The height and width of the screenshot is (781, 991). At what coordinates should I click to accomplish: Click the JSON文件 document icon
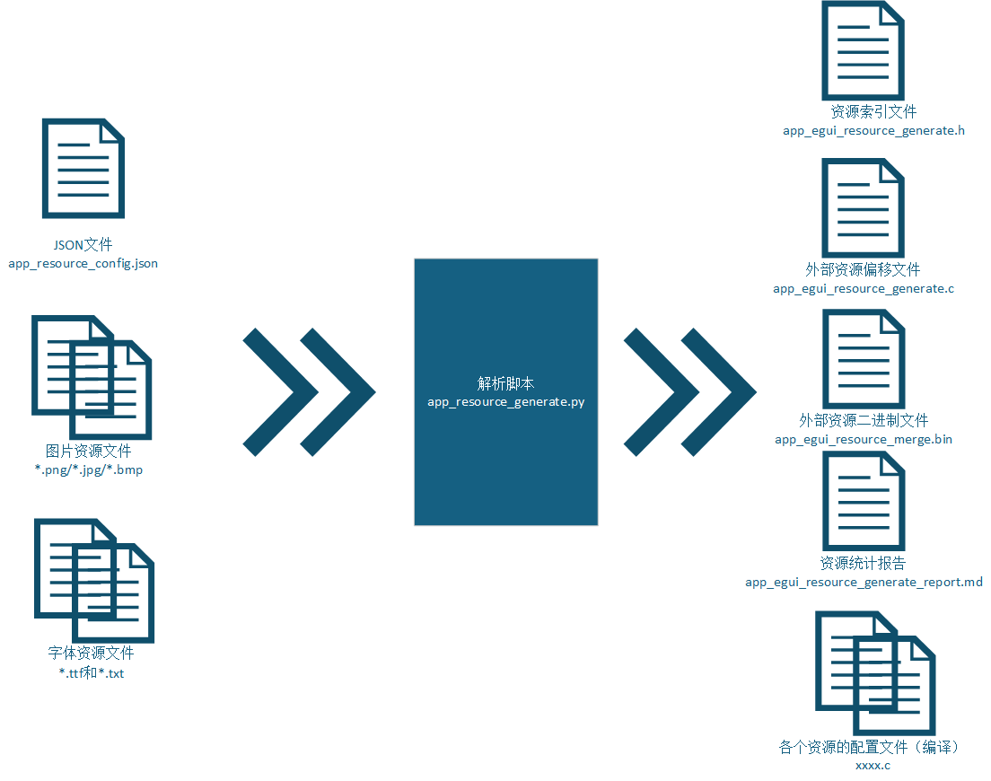83,169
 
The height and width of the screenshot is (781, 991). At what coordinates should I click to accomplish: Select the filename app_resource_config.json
83,264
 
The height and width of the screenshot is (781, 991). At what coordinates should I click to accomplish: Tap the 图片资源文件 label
89,451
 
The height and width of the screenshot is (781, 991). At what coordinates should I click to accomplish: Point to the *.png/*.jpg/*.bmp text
89,469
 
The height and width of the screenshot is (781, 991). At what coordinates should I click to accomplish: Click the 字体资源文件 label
91,653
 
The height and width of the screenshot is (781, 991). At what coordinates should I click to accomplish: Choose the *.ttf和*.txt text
92,673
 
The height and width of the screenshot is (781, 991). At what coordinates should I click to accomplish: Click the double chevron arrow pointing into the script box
309,391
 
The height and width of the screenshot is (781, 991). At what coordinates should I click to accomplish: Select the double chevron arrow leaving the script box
689,391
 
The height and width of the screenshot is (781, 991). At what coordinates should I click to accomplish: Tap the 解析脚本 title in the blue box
505,383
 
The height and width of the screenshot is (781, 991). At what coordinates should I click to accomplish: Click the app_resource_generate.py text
505,402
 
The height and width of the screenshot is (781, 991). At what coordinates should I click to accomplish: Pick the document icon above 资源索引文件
863,50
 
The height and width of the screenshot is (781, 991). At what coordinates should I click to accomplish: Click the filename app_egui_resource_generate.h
873,131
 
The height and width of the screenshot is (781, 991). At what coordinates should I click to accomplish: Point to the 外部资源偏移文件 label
863,270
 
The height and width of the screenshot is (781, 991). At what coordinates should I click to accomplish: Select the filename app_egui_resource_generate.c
864,289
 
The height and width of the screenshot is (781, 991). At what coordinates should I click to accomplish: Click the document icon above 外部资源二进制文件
864,359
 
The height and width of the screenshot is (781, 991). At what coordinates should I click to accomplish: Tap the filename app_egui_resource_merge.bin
864,439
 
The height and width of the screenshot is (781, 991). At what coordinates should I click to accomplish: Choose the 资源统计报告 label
863,563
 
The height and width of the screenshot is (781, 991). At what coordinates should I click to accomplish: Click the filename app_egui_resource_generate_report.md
864,582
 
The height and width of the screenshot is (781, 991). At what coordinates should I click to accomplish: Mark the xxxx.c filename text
873,766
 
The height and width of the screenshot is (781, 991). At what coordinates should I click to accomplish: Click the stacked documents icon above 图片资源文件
92,377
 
